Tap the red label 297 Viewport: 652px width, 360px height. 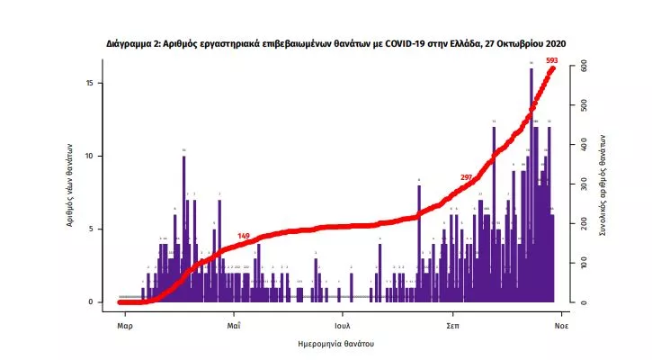(466, 176)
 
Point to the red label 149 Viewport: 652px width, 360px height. (243, 236)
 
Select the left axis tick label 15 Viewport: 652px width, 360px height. (101, 83)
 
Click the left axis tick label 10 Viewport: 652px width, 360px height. (101, 156)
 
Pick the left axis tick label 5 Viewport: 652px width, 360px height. (103, 229)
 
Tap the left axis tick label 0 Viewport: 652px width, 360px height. (103, 301)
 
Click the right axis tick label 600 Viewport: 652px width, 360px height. (583, 67)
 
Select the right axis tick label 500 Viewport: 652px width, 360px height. (583, 106)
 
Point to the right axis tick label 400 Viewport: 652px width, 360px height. (583, 145)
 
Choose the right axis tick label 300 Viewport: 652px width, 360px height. (583, 184)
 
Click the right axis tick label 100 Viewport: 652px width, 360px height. (583, 263)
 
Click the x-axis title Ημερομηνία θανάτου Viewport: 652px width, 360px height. (336, 344)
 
